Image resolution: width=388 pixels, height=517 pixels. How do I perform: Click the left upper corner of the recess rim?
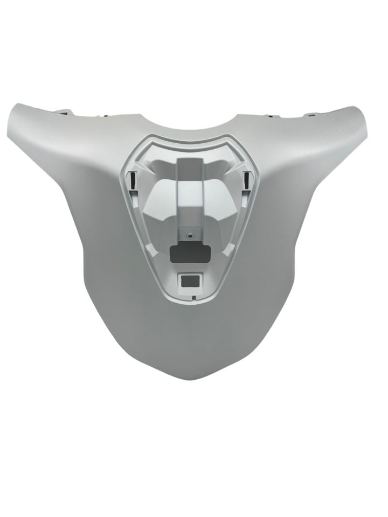click(141, 141)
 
